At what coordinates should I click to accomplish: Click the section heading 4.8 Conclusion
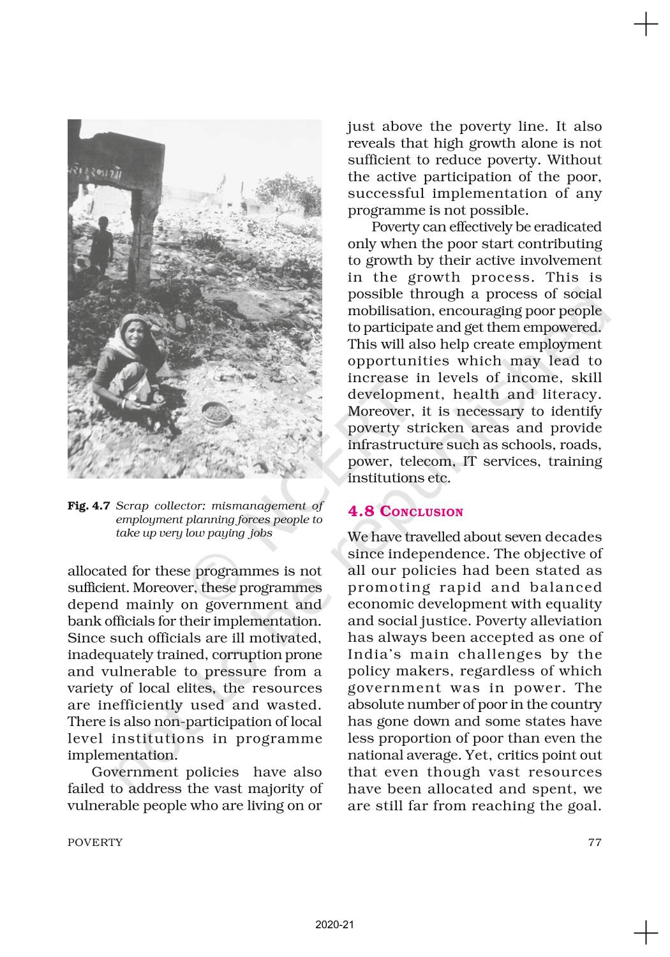pos(405,512)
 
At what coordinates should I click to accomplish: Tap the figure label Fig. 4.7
pos(89,506)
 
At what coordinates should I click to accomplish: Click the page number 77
pos(594,842)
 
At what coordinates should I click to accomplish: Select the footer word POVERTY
pos(95,842)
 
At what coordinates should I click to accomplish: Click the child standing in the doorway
pos(101,246)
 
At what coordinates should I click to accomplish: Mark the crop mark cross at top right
pos(646,25)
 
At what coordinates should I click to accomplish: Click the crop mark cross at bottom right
pos(646,932)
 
